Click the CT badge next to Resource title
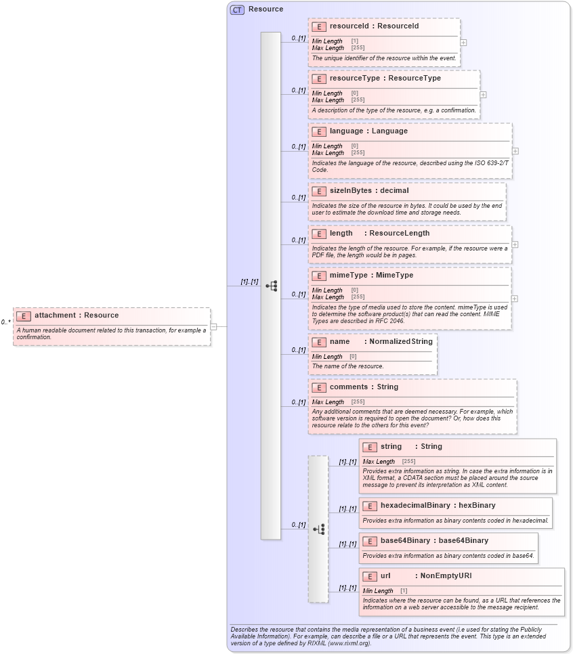[x=237, y=9]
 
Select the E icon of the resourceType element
[x=319, y=79]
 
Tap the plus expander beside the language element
[x=515, y=151]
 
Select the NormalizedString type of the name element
[x=400, y=342]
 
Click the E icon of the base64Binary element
[x=370, y=541]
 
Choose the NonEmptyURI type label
[x=446, y=576]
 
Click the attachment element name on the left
[x=55, y=315]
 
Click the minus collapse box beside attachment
[x=214, y=326]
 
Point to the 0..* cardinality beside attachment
[x=5, y=323]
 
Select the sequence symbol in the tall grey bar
[x=271, y=286]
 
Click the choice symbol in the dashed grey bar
[x=318, y=529]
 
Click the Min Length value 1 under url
[x=404, y=591]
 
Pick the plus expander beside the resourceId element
[x=463, y=42]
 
